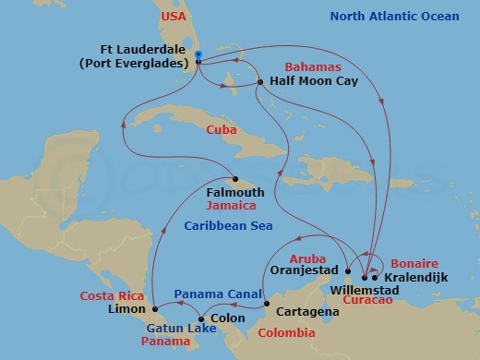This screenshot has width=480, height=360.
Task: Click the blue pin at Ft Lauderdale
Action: (x=198, y=56)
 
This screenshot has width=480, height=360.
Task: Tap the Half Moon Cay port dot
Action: (x=261, y=82)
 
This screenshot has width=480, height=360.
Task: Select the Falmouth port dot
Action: (x=235, y=179)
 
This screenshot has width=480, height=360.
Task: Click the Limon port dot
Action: (x=155, y=307)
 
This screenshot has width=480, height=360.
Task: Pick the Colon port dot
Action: (x=201, y=319)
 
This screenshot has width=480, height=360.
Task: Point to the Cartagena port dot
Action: (x=267, y=304)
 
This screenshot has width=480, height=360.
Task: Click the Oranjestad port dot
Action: (x=347, y=272)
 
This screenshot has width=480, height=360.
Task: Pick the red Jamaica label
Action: (x=231, y=205)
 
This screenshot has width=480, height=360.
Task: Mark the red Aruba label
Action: (x=309, y=259)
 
